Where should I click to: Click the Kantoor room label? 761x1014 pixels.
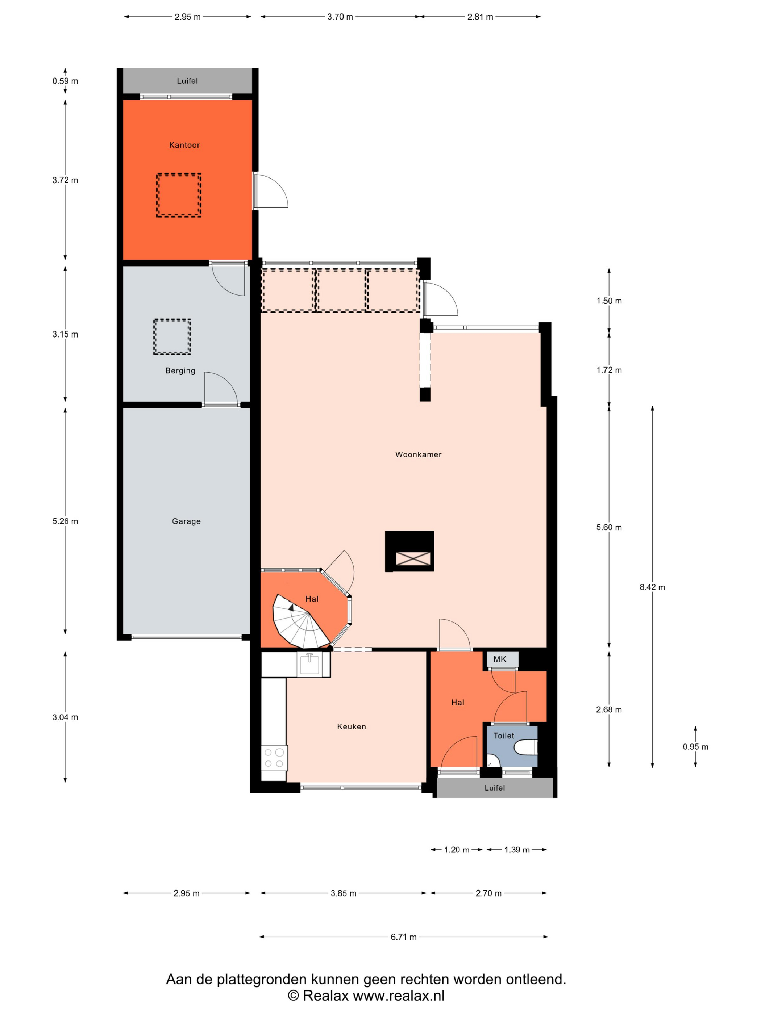[x=184, y=145]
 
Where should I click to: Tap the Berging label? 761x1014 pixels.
[x=180, y=371]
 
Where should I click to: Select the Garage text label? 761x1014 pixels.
[x=186, y=521]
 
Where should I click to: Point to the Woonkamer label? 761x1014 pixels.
[x=418, y=454]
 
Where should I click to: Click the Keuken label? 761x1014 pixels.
[x=352, y=726]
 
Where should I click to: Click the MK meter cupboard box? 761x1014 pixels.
[x=503, y=659]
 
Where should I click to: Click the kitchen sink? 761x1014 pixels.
[x=309, y=664]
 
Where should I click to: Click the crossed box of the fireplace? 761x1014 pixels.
[x=413, y=558]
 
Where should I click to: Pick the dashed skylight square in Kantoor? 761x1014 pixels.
[x=178, y=195]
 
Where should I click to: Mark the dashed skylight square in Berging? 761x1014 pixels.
[x=172, y=336]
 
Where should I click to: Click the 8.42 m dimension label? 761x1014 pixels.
[x=652, y=587]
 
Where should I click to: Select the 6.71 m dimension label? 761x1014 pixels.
[x=404, y=937]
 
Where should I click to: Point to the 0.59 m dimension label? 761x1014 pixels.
[x=65, y=81]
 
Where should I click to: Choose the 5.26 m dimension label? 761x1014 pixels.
[x=65, y=521]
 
